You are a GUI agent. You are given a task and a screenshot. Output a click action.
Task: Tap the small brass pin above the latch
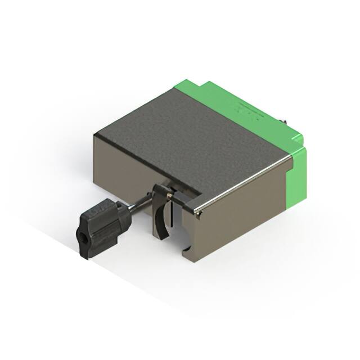tap(168, 193)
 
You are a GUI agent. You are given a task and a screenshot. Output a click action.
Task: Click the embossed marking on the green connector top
tap(247, 112)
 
